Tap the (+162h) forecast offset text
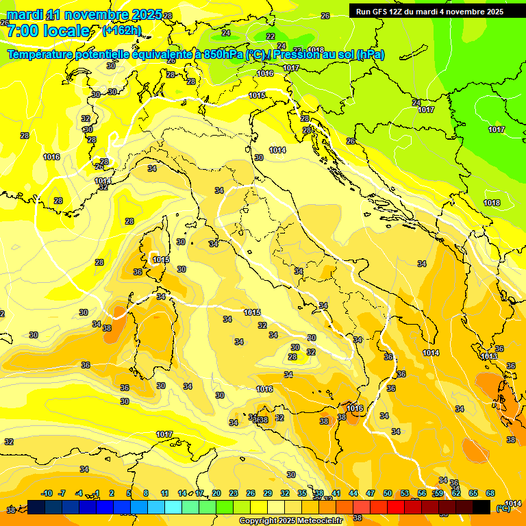tap(121, 30)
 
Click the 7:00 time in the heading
tap(20, 31)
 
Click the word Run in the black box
tap(363, 12)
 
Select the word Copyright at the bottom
tap(258, 521)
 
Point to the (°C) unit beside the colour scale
tap(503, 508)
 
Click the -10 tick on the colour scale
tap(47, 493)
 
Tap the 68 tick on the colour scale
tap(490, 493)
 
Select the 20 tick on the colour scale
tap(216, 493)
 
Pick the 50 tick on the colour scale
tap(388, 493)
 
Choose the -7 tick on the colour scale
tap(62, 493)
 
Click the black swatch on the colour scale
tap(481, 507)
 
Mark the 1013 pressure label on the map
tap(488, 357)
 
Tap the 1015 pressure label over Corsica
tap(161, 260)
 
